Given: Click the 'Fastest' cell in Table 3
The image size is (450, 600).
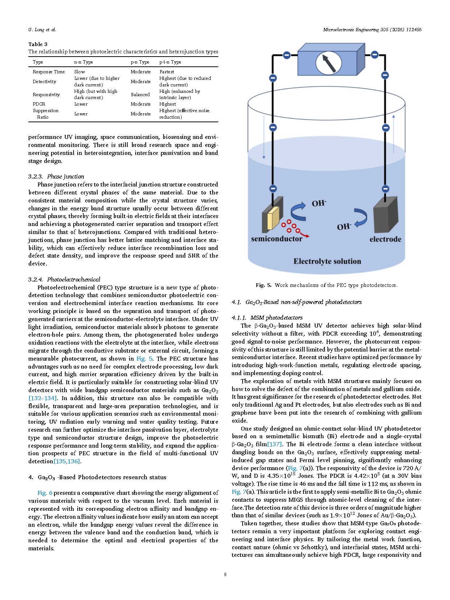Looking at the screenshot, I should coord(167,72).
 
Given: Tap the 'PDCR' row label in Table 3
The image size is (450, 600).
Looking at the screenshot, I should coord(39,104).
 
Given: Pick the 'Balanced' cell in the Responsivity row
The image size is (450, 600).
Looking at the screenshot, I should coord(140,95).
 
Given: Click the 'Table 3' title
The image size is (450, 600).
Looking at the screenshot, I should coord(38,44).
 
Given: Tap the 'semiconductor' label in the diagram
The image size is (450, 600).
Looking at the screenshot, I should coord(276,239).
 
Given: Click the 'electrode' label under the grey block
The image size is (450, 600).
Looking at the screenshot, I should coord(385,239).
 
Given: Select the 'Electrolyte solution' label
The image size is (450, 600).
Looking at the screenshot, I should coord(327,262).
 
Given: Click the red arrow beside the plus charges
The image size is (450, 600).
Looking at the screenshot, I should coord(304,235).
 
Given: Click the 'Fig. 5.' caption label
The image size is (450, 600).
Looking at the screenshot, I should coord(263,285).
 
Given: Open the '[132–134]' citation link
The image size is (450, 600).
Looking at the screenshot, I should coord(42,398).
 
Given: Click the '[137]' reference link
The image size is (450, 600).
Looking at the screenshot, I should coord(274,444).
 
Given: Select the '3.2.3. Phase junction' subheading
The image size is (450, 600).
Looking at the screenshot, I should coord(56,177).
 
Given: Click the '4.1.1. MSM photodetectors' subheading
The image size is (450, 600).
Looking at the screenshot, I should coord(267,318).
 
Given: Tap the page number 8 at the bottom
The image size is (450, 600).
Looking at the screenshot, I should coord(225,575).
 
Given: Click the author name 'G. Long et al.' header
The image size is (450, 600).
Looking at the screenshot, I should coord(42,30).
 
